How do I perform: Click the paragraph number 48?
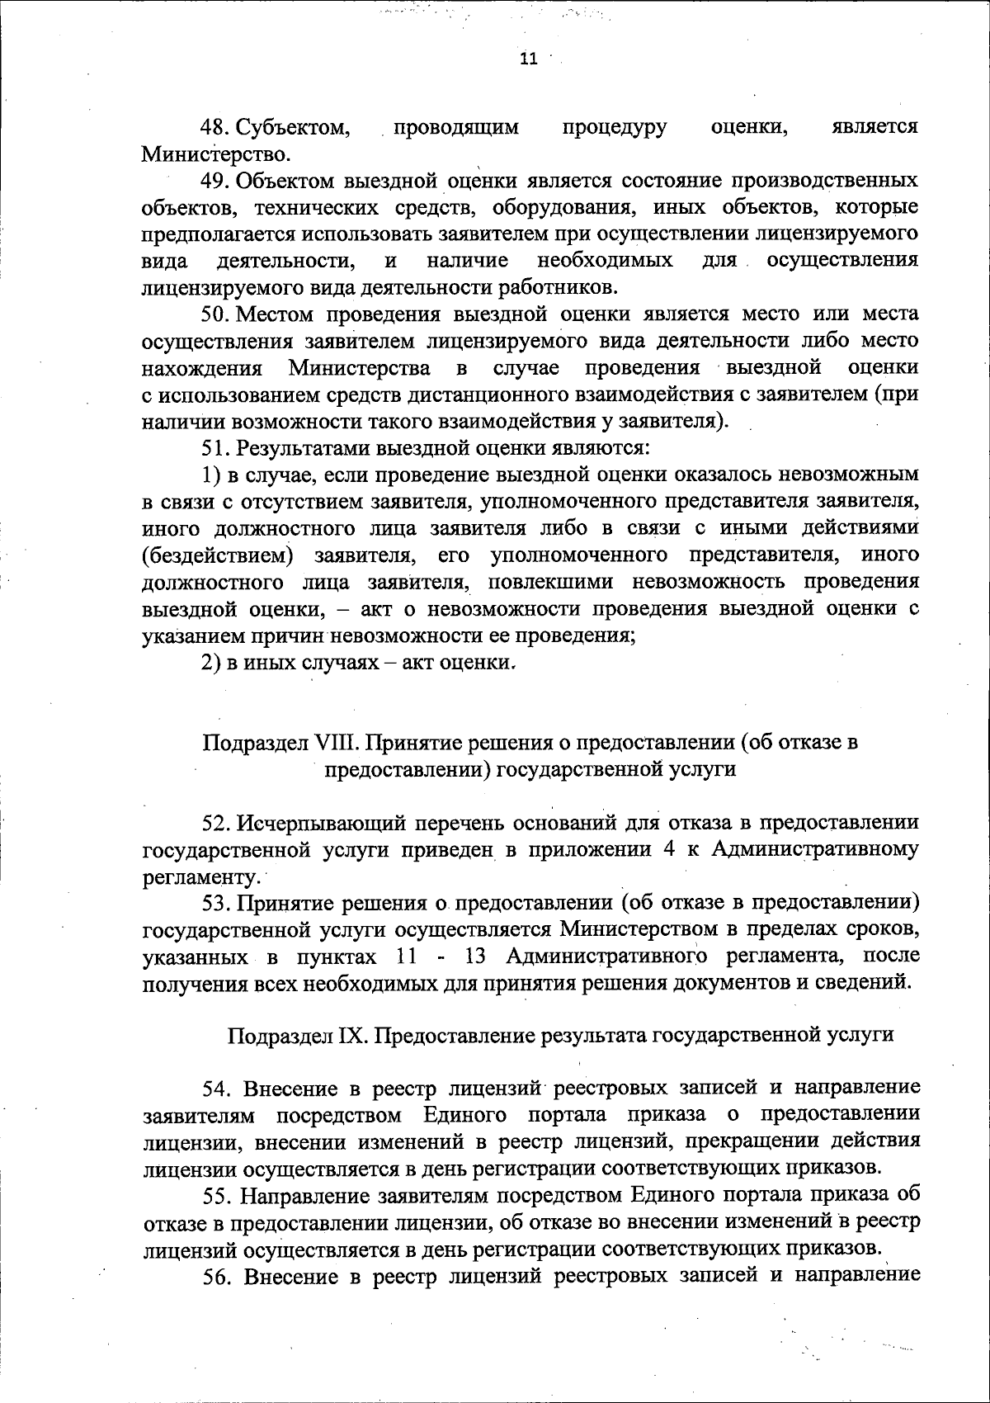point(218,127)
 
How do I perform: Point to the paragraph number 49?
point(218,180)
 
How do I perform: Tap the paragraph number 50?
point(218,314)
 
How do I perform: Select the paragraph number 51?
point(218,447)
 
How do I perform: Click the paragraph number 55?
point(218,1195)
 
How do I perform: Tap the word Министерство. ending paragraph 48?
point(217,154)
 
